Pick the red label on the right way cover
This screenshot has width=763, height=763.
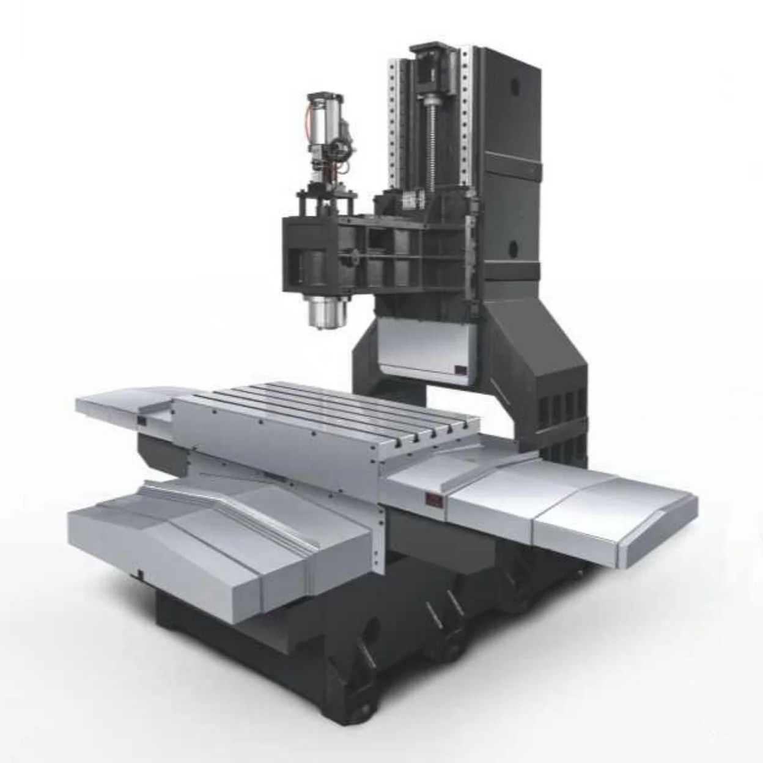433,501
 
